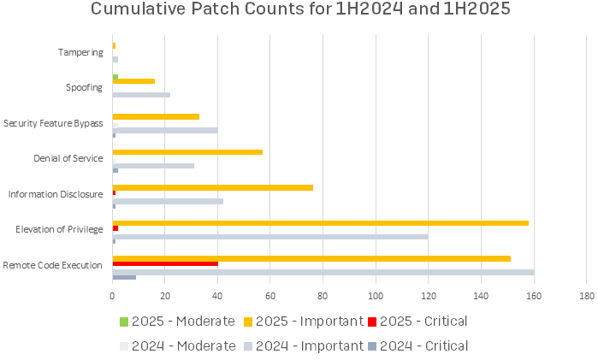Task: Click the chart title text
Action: click(299, 11)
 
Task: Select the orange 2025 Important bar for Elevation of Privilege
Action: click(320, 223)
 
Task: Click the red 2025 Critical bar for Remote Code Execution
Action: click(165, 263)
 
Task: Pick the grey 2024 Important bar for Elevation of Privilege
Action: click(269, 236)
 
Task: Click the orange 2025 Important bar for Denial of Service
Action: click(187, 151)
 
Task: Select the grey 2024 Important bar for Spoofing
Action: click(141, 94)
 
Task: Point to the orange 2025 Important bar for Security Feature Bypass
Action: click(156, 116)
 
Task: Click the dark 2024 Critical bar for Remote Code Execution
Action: click(124, 277)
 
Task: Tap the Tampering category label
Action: click(80, 52)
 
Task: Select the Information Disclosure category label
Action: click(56, 194)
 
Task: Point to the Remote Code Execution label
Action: click(53, 265)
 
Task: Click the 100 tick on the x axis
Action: click(376, 296)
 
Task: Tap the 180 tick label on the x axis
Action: click(586, 296)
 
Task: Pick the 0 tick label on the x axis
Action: click(112, 296)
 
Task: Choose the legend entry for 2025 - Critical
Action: click(416, 322)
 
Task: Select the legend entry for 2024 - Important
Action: click(303, 345)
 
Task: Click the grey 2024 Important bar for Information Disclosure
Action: click(168, 201)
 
